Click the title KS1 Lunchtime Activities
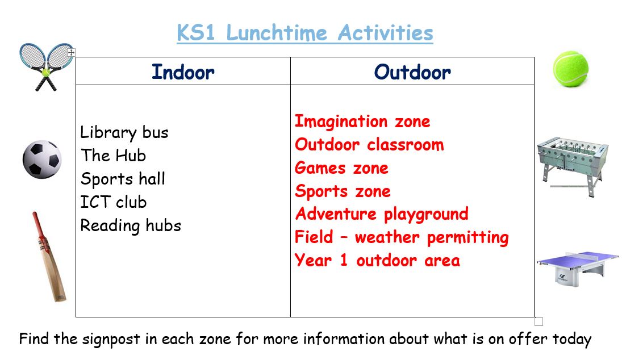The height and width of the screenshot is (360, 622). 304,32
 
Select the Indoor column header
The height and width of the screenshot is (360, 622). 183,72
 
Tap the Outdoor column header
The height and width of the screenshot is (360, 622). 412,72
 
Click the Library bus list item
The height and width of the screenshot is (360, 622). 124,133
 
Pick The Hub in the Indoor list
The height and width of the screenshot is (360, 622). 114,156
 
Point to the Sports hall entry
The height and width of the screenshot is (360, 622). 123,179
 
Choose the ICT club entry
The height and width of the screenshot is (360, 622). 114,202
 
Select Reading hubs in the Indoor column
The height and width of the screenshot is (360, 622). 131,226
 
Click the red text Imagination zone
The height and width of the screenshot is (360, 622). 362,122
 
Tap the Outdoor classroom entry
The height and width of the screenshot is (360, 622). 369,145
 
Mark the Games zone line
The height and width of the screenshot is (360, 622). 341,168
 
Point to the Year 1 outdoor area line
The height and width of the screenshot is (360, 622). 377,261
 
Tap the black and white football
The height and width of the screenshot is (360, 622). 42,160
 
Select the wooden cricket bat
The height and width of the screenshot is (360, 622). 49,257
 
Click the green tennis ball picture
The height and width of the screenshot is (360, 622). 571,69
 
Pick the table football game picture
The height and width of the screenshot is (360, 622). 573,166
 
